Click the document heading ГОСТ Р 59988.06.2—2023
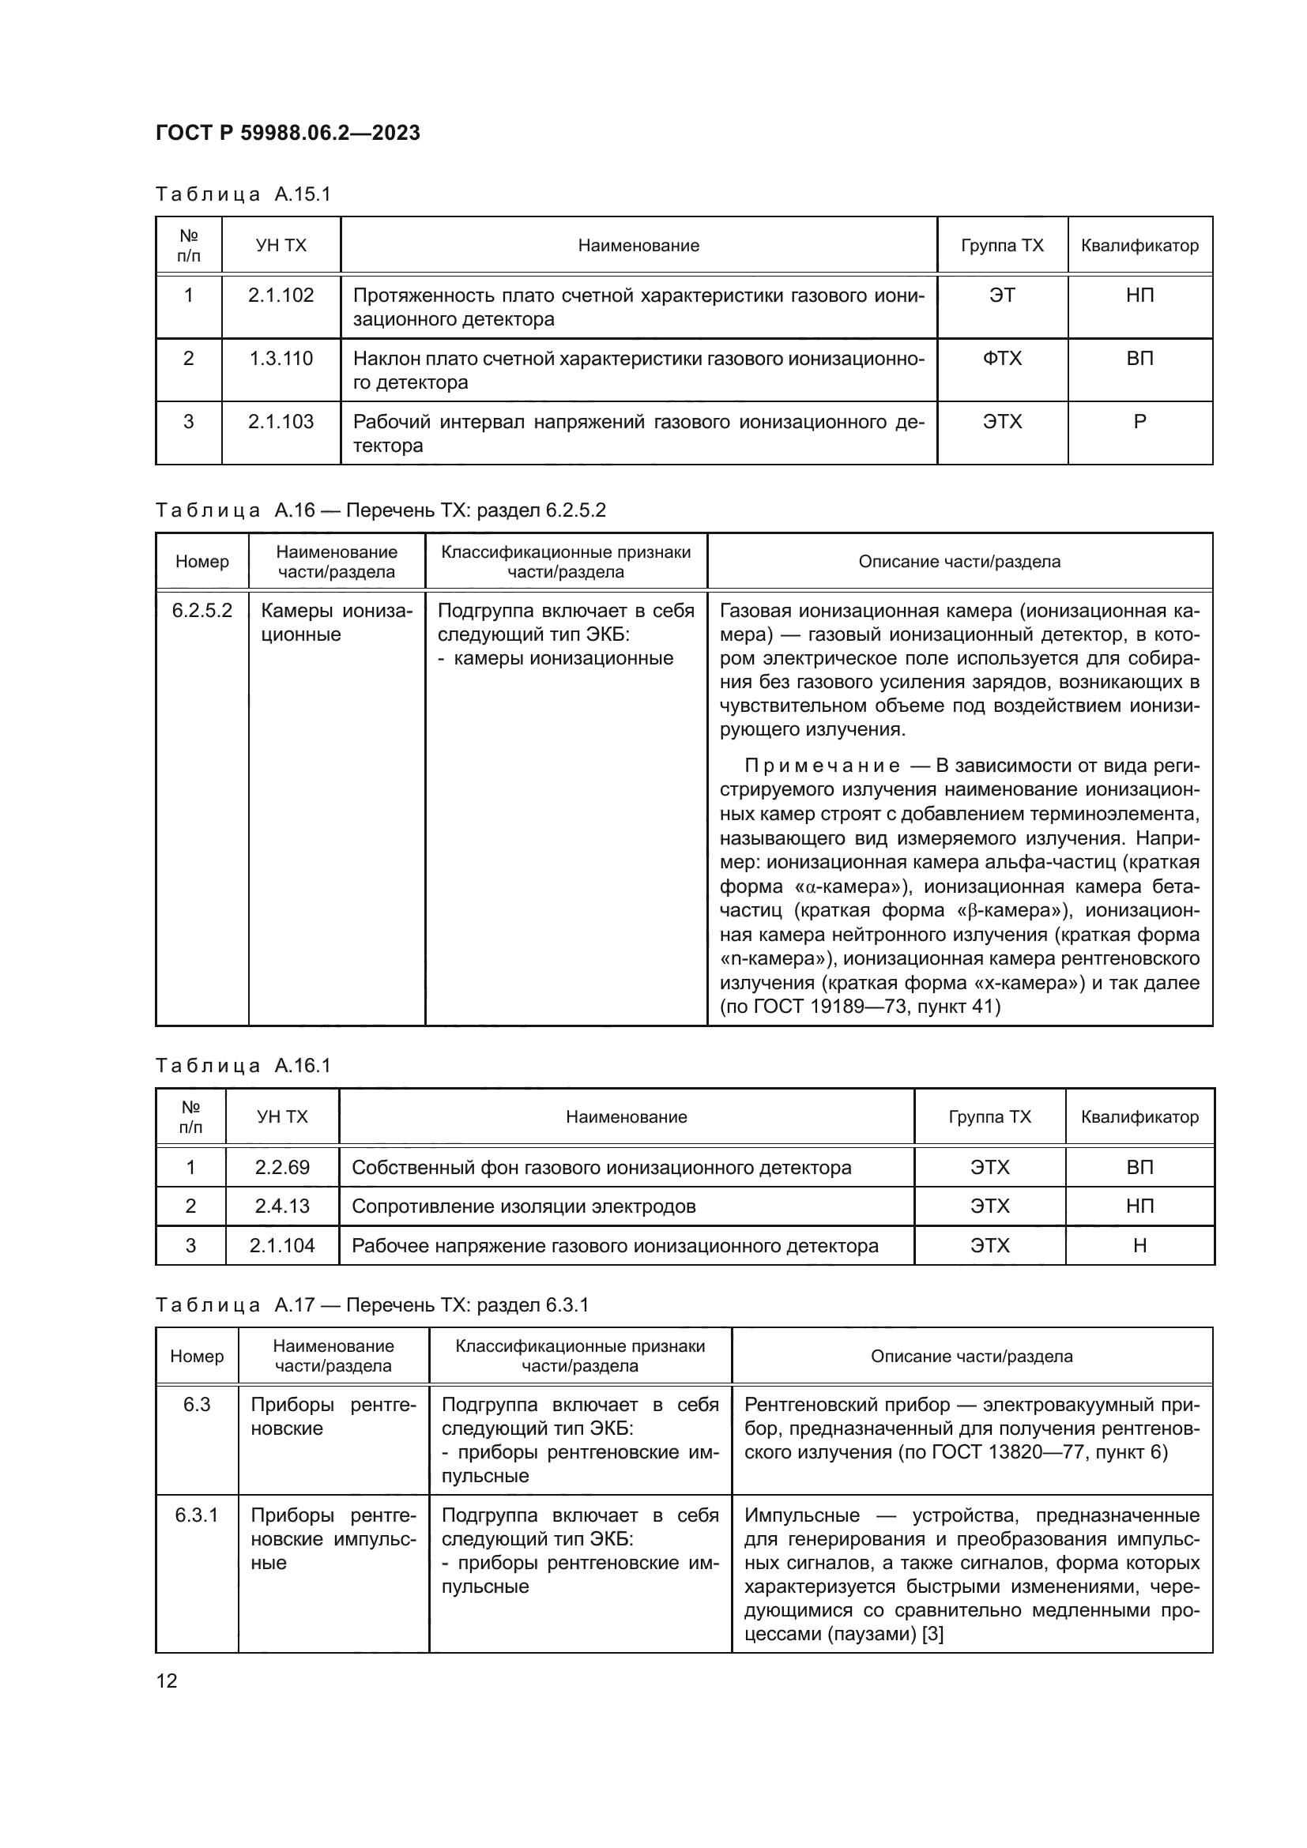(288, 133)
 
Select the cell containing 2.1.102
(280, 295)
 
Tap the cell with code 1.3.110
(280, 359)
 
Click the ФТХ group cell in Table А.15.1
(1002, 359)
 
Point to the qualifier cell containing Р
(1139, 422)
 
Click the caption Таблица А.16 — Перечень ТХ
(380, 510)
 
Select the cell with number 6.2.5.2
(202, 611)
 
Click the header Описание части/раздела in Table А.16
(959, 562)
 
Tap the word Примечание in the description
(822, 766)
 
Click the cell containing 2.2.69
(281, 1167)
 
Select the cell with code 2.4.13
(281, 1206)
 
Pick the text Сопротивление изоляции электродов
(524, 1206)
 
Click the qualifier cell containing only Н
(1139, 1246)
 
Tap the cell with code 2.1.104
(281, 1246)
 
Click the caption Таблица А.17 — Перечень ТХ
(372, 1304)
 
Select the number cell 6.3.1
(197, 1515)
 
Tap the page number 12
(167, 1681)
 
